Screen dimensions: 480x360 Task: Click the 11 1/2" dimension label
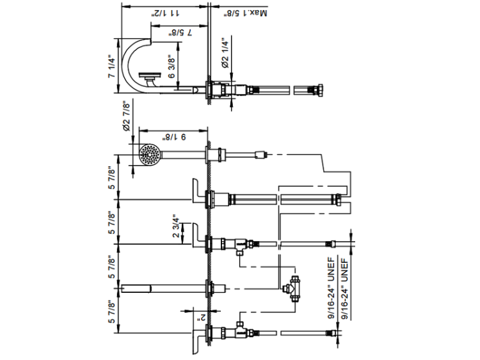click(x=166, y=13)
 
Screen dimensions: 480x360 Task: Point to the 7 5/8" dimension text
click(x=180, y=33)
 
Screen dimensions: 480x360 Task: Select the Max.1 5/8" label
click(x=245, y=13)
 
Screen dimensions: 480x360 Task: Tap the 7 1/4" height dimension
click(x=112, y=68)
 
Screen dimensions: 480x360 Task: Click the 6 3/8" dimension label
click(x=172, y=67)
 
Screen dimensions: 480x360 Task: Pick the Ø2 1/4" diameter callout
click(x=225, y=53)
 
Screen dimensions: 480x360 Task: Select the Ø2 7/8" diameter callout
click(x=126, y=116)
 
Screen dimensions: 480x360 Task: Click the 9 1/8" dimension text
click(x=174, y=137)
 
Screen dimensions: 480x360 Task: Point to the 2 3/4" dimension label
click(x=176, y=226)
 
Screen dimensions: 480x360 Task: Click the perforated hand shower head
click(x=149, y=155)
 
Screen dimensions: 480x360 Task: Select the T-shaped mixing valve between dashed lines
click(x=292, y=289)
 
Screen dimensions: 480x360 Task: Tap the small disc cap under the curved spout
click(x=150, y=75)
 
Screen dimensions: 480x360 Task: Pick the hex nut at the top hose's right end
click(x=320, y=90)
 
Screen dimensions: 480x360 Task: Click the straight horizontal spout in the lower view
click(x=163, y=288)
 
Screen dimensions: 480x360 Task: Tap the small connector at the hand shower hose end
click(x=261, y=155)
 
